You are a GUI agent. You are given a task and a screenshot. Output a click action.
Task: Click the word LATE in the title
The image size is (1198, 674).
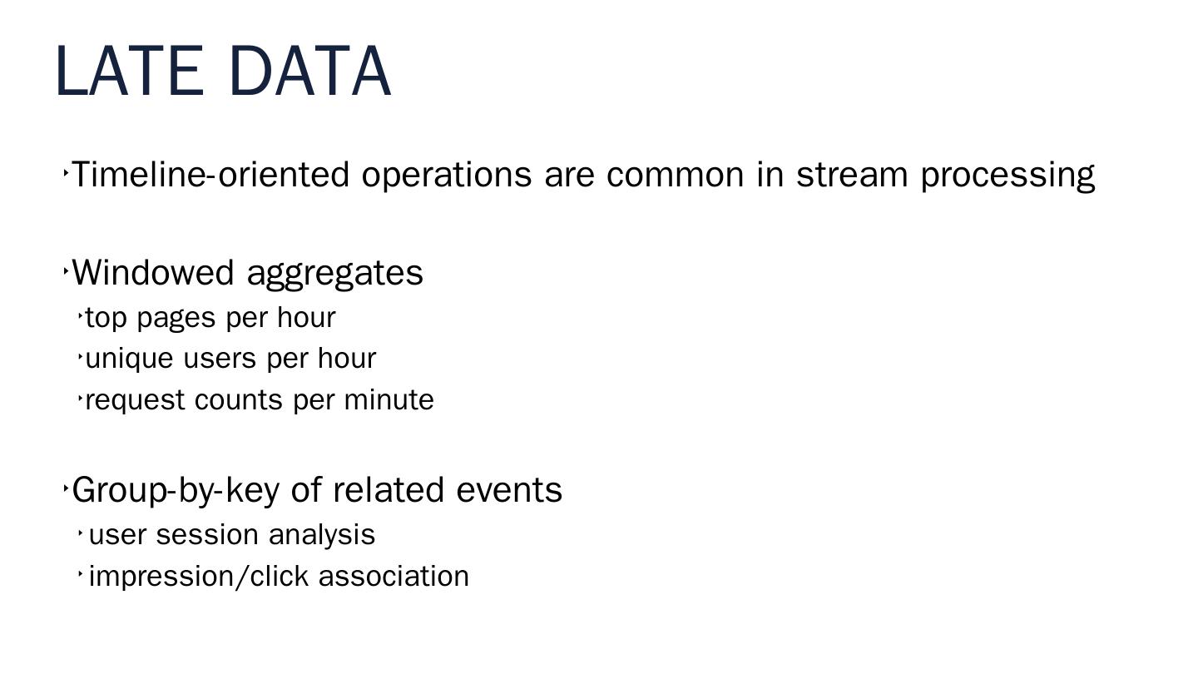(x=130, y=72)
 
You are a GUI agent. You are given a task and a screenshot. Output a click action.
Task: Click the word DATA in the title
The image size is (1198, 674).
(x=310, y=72)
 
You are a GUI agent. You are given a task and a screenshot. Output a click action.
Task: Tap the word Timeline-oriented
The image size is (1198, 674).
(x=210, y=175)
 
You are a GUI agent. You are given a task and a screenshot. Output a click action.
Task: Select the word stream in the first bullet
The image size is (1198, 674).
(x=852, y=176)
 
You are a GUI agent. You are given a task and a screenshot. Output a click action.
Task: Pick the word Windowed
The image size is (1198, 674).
(x=153, y=273)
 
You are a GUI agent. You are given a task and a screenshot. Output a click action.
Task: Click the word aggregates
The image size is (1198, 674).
(x=334, y=275)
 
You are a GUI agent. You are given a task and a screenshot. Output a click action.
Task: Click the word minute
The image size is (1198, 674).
(x=389, y=399)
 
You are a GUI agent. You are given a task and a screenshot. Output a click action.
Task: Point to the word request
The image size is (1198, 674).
(x=136, y=401)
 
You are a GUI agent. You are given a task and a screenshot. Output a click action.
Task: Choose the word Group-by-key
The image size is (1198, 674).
(x=176, y=491)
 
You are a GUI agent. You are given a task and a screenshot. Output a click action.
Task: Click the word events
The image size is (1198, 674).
(x=509, y=491)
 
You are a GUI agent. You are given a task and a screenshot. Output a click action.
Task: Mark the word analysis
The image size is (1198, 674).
(x=322, y=536)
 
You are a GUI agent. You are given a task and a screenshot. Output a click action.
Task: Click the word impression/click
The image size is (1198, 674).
(x=199, y=577)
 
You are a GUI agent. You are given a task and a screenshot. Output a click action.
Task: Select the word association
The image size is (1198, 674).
(x=394, y=577)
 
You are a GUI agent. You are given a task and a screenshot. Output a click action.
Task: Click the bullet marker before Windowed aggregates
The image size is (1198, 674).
(x=66, y=271)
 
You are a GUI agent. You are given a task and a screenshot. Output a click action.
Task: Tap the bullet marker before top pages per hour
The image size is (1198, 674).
(x=80, y=316)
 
